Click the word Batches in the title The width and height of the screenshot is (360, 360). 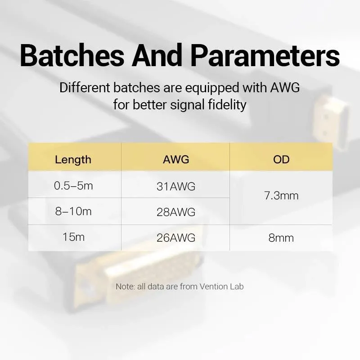point(72,55)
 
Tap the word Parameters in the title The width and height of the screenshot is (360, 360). point(265,55)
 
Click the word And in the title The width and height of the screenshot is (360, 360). point(157,55)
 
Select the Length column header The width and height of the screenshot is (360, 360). point(73,160)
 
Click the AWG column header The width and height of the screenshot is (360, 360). point(176,159)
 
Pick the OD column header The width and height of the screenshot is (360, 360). point(281,159)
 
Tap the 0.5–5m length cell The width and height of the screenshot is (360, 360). point(73,185)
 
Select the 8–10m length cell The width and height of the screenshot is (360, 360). point(73,211)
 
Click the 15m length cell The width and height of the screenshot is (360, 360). point(73,237)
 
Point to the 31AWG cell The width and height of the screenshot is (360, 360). point(176,186)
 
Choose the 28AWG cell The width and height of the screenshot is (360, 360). point(176,212)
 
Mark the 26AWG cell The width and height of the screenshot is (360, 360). point(176,238)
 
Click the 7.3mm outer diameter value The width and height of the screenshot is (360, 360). point(281,196)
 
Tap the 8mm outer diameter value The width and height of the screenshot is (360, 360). point(281,238)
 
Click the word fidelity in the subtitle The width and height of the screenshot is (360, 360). point(227,105)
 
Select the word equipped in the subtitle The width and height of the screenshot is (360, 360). point(212,88)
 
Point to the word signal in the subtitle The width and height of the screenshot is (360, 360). point(187,105)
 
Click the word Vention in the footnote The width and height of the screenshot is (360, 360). point(212,287)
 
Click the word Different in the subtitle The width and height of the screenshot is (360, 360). point(85,87)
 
